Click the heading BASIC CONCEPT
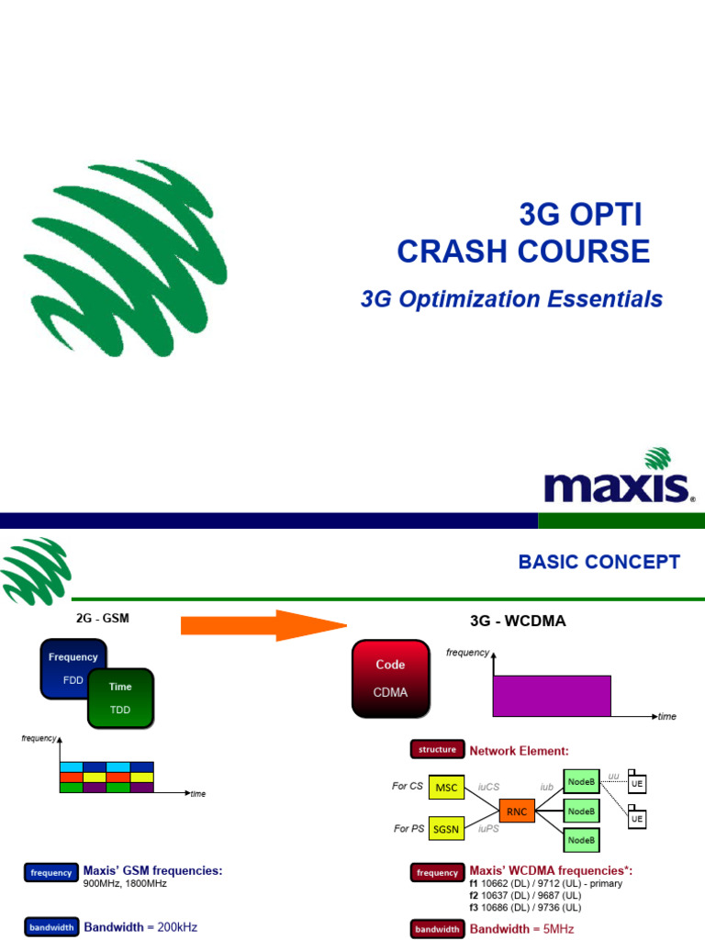tap(599, 562)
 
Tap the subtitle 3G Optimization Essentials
tap(511, 299)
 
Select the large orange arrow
tap(262, 626)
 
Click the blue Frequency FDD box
tap(72, 666)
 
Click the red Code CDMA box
tap(389, 678)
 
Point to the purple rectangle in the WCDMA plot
tap(552, 695)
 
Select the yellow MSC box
tap(446, 788)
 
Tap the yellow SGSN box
tap(446, 828)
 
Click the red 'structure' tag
tap(437, 749)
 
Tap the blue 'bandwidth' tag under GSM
tap(50, 927)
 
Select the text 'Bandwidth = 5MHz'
tap(521, 929)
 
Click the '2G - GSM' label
tap(102, 618)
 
